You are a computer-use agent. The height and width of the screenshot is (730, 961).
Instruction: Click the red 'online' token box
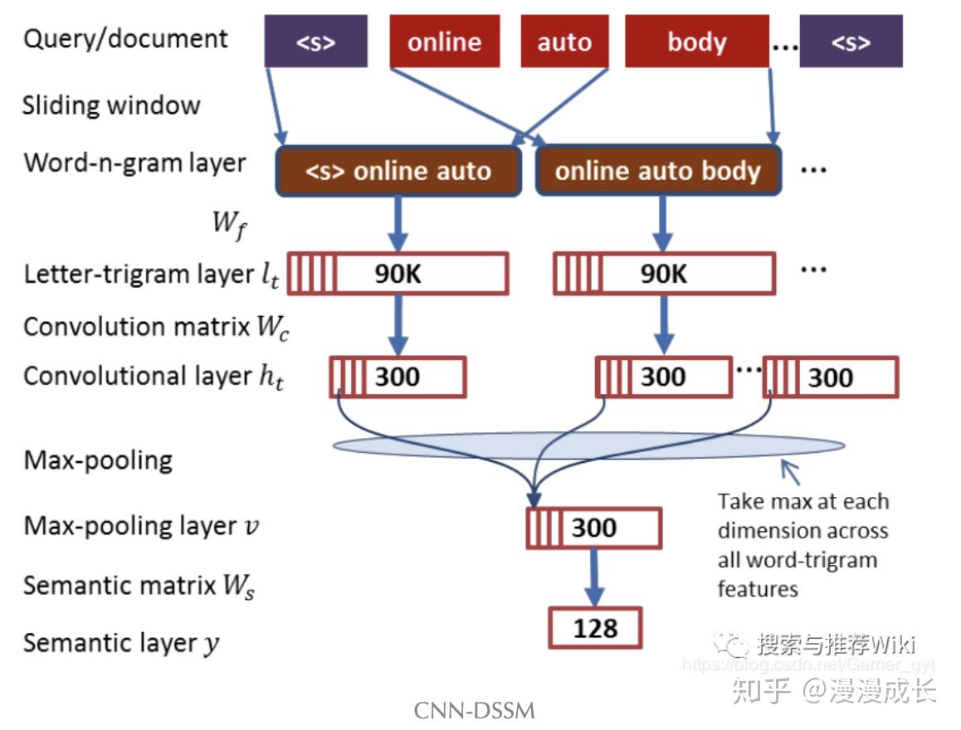click(x=444, y=42)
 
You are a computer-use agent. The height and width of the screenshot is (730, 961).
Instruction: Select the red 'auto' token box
click(x=564, y=42)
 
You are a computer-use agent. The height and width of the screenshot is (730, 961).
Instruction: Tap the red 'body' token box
click(x=696, y=42)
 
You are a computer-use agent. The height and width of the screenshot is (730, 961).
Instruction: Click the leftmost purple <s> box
click(x=315, y=42)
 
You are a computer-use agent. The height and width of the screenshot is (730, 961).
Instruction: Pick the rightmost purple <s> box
click(x=851, y=42)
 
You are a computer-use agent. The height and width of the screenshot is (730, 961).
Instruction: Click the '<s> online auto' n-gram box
click(x=398, y=171)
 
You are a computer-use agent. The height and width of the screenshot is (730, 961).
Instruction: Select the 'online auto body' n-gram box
click(x=657, y=171)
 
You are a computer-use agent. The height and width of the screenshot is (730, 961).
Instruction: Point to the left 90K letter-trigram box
click(x=398, y=274)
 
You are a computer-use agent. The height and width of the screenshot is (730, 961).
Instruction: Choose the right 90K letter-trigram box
click(x=664, y=274)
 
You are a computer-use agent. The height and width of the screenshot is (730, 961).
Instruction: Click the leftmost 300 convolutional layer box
click(x=398, y=377)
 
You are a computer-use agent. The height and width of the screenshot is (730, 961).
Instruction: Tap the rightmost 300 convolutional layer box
click(x=830, y=377)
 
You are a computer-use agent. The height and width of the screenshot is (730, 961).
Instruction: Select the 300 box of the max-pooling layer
click(x=594, y=528)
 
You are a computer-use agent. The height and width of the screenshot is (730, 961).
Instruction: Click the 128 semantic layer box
click(x=595, y=628)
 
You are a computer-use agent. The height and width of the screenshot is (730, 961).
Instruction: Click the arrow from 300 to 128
click(x=594, y=577)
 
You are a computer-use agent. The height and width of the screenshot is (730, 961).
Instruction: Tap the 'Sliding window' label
click(x=111, y=106)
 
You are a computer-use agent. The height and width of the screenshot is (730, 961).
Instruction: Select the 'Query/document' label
click(x=125, y=39)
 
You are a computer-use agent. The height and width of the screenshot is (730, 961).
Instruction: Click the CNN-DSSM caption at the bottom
click(x=474, y=711)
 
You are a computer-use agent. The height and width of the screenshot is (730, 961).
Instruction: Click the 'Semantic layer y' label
click(x=121, y=643)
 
